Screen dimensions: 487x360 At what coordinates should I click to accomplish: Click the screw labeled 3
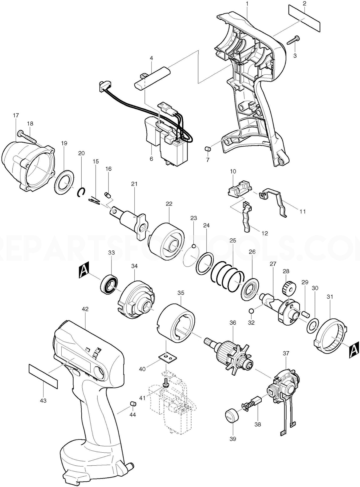click(293, 40)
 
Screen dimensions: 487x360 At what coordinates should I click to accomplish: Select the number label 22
click(169, 204)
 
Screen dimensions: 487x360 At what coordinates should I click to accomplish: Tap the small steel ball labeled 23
click(194, 238)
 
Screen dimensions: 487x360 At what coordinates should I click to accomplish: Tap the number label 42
click(85, 309)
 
